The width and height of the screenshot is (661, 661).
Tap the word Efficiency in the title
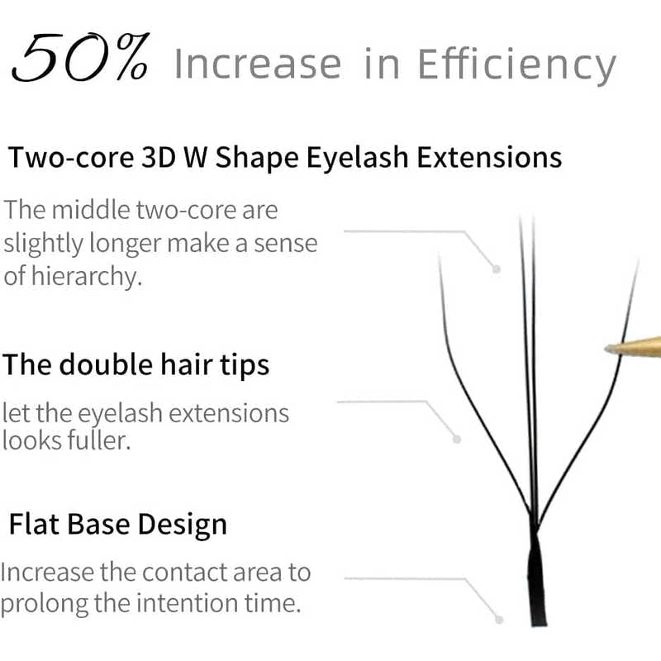(x=517, y=64)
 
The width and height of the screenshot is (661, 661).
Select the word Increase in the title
(x=257, y=64)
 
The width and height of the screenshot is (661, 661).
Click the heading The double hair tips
(x=136, y=364)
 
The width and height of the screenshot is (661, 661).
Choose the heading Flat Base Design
(x=117, y=524)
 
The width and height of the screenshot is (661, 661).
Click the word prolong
(x=45, y=603)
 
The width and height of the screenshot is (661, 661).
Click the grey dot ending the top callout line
(x=497, y=269)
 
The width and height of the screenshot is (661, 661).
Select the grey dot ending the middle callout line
(x=457, y=439)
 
